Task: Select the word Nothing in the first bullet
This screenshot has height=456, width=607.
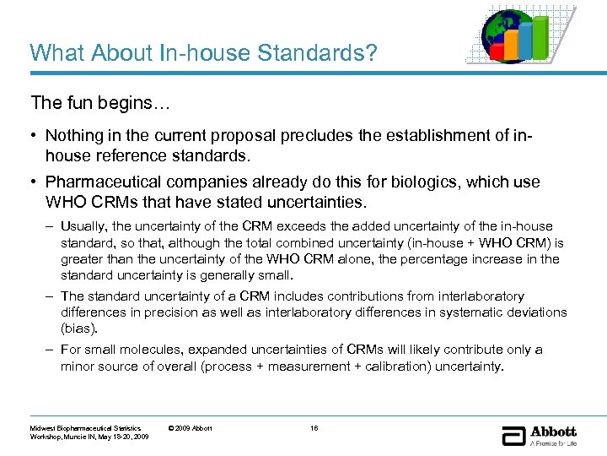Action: point(75,135)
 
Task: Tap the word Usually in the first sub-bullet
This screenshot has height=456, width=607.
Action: point(83,226)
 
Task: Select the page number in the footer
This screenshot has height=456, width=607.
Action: point(314,428)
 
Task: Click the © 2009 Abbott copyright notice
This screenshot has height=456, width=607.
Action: point(190,428)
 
